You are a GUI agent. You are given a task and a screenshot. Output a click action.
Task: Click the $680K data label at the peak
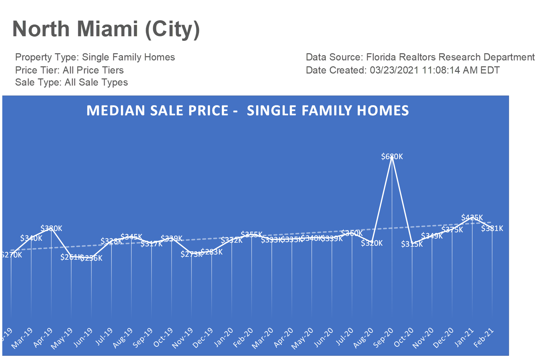(392, 157)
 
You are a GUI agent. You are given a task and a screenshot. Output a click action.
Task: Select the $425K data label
(472, 218)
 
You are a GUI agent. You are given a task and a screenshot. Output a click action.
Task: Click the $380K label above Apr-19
(51, 228)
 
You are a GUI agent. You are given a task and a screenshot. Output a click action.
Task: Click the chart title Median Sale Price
(247, 110)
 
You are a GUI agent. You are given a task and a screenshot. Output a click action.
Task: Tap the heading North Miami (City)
(106, 29)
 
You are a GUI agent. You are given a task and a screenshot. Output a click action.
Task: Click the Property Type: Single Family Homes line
(95, 57)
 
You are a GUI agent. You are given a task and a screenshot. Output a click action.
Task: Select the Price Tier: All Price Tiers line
(69, 70)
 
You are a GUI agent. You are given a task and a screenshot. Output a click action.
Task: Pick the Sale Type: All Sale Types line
(71, 82)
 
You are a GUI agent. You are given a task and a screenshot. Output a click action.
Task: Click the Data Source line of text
(420, 57)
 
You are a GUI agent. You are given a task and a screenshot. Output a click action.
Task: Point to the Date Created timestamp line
(402, 70)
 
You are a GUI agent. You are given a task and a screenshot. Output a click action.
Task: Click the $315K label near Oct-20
(412, 244)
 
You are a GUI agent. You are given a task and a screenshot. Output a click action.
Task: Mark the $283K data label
(212, 252)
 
